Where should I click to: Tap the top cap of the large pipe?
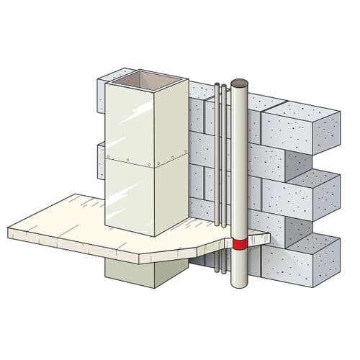[239, 83]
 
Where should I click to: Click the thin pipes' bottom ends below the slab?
[218, 271]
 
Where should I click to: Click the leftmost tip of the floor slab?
[10, 233]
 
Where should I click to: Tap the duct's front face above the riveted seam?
[130, 119]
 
